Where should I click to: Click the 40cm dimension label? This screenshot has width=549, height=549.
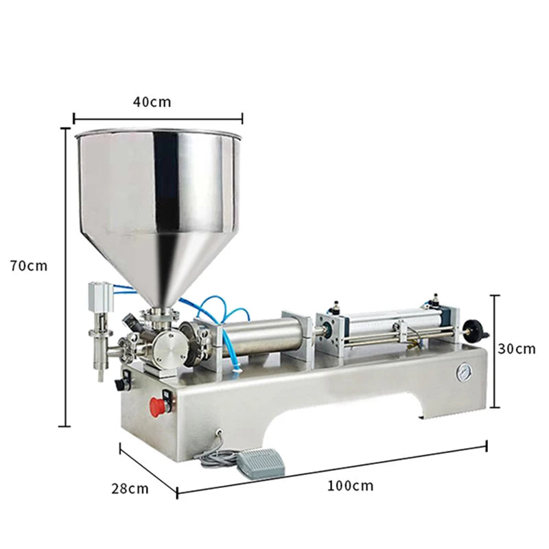click(x=152, y=102)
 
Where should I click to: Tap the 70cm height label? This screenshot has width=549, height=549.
click(x=28, y=266)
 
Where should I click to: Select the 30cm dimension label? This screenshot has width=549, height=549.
click(x=517, y=349)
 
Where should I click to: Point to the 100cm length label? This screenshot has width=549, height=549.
click(x=350, y=486)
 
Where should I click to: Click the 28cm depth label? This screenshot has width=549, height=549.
click(x=130, y=489)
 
